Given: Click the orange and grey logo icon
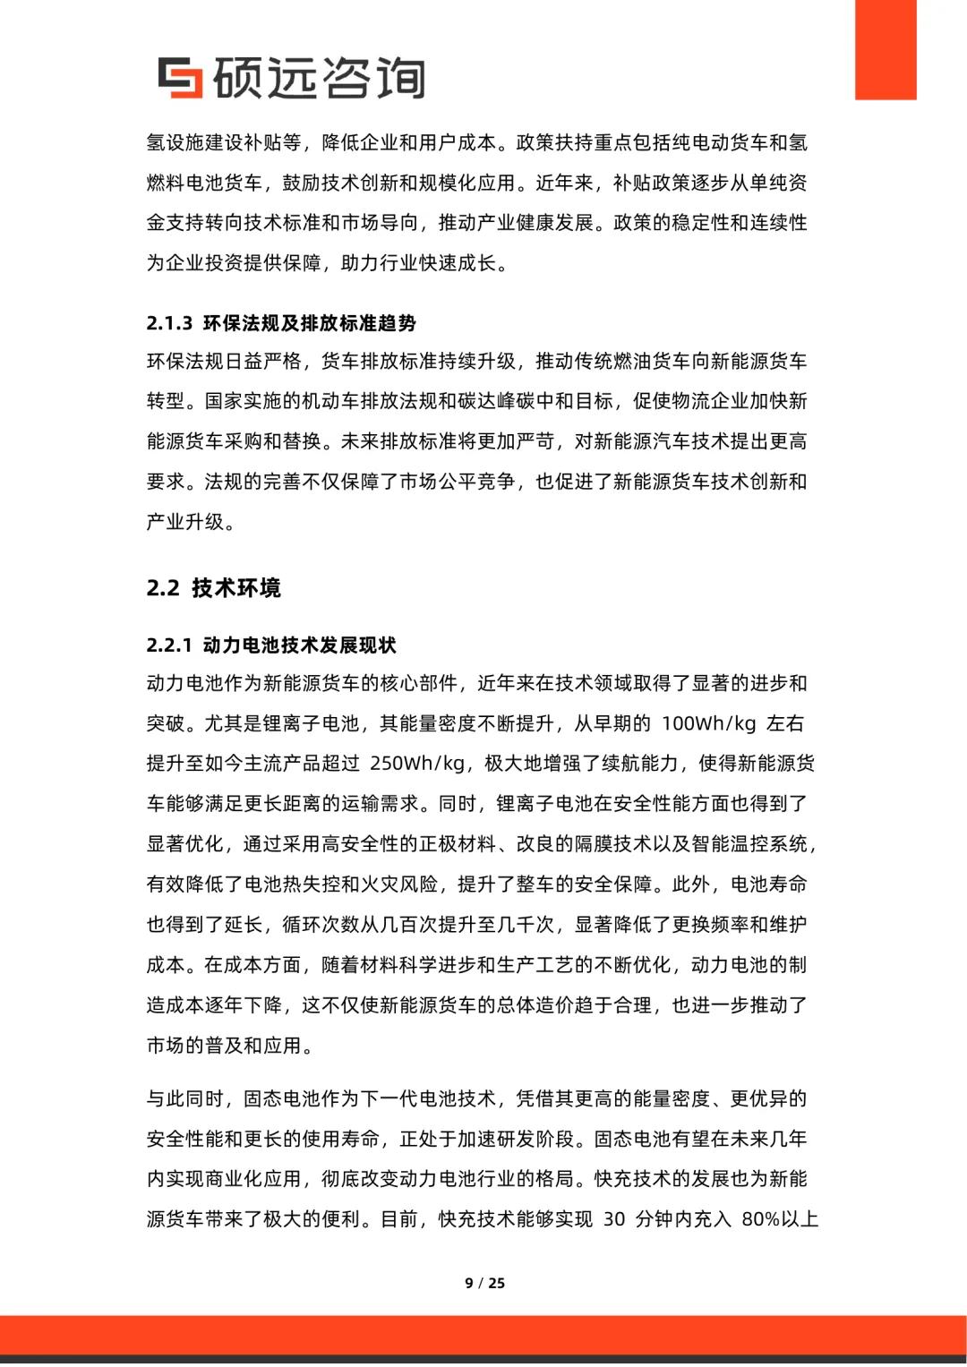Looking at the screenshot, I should click(180, 78).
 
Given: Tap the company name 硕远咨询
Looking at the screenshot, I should click(319, 78).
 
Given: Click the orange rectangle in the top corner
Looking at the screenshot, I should click(886, 49).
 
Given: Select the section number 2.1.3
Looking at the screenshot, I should click(169, 323).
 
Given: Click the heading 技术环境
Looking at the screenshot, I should click(236, 588).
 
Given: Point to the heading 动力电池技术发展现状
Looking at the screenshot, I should click(300, 645).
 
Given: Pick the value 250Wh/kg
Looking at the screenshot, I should click(417, 764).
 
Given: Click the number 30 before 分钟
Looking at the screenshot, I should click(614, 1219).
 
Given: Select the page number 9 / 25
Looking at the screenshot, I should click(484, 1283).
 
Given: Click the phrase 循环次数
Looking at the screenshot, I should click(321, 925).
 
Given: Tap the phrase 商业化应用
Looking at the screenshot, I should click(253, 1179).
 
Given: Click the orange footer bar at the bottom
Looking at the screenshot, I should click(483, 1335).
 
